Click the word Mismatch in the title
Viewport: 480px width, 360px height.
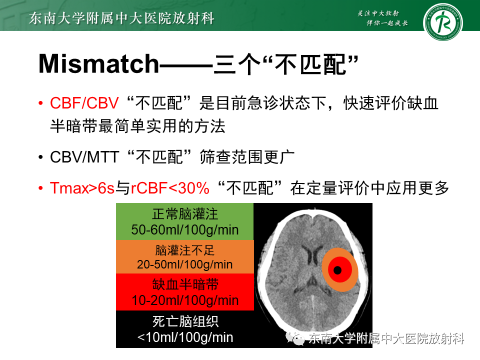(98, 63)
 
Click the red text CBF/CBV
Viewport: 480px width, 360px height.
(84, 103)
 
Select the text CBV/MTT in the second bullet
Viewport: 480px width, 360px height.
(84, 157)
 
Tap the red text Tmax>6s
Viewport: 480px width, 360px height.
(82, 188)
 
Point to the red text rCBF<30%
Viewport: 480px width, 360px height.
(170, 188)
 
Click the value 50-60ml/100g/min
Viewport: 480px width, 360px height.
(185, 230)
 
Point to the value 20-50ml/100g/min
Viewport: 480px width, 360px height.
(185, 264)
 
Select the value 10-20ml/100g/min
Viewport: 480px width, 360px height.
(185, 300)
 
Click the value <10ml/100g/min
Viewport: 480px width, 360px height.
(185, 337)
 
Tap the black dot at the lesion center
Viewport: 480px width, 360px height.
(337, 270)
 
